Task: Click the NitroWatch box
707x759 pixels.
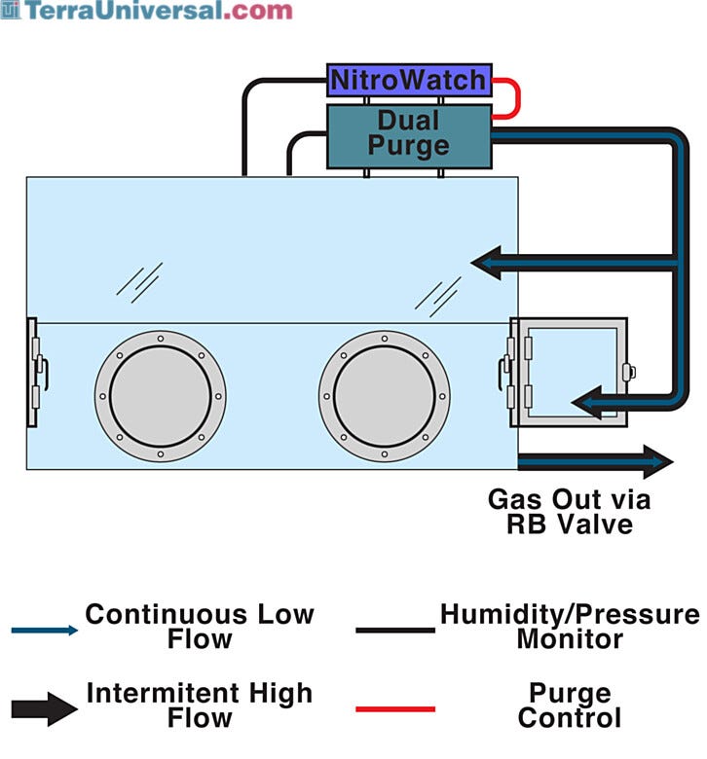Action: click(409, 80)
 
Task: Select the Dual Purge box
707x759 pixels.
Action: click(409, 136)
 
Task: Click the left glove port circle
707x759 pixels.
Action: click(161, 396)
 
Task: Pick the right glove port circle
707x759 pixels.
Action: click(385, 396)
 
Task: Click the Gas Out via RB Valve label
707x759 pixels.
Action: click(570, 512)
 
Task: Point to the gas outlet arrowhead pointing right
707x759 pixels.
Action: click(657, 462)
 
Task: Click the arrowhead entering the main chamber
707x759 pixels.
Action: click(487, 263)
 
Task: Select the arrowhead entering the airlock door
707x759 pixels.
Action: click(587, 402)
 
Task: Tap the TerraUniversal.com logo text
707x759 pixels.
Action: click(146, 11)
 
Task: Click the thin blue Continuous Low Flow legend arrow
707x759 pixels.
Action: click(44, 631)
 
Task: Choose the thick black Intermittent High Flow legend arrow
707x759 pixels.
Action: click(44, 709)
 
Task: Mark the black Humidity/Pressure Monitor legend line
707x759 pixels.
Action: click(395, 631)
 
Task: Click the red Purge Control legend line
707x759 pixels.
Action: click(395, 709)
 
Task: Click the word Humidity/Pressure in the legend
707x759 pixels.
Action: click(570, 615)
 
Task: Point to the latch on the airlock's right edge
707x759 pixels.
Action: click(629, 372)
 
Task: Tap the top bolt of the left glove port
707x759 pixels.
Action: click(161, 339)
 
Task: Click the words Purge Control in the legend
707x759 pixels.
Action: click(570, 705)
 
